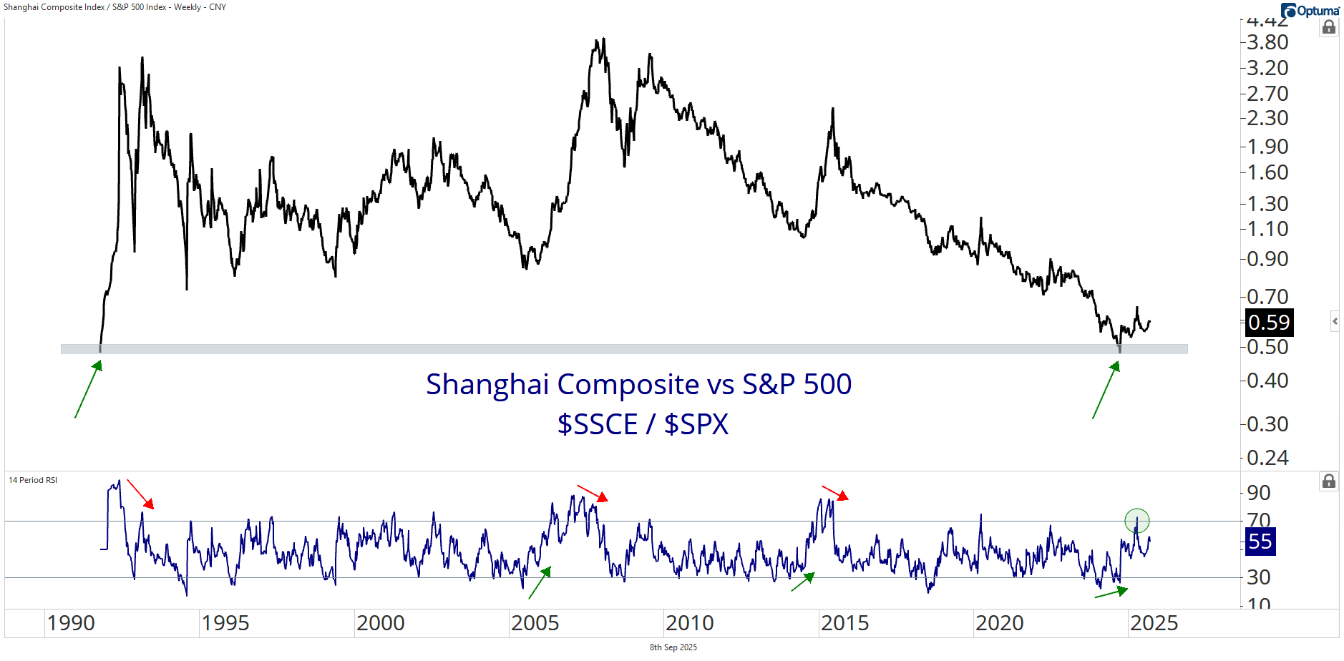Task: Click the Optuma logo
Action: pyautogui.click(x=1310, y=11)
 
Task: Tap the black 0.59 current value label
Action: pyautogui.click(x=1269, y=323)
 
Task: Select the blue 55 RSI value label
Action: pyautogui.click(x=1260, y=542)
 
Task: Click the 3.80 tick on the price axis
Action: pyautogui.click(x=1267, y=43)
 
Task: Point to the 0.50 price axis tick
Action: pyautogui.click(x=1267, y=347)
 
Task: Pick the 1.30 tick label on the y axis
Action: pyautogui.click(x=1267, y=204)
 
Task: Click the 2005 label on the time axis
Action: pyautogui.click(x=535, y=623)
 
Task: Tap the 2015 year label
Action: pyautogui.click(x=844, y=623)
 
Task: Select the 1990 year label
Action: pyautogui.click(x=71, y=623)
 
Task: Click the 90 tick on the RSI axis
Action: pyautogui.click(x=1259, y=493)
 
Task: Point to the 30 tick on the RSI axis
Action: pyautogui.click(x=1259, y=577)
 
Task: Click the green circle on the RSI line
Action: pyautogui.click(x=1136, y=521)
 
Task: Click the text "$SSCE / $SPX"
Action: pyautogui.click(x=643, y=424)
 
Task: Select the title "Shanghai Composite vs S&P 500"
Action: pyautogui.click(x=638, y=384)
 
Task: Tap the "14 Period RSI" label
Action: pyautogui.click(x=33, y=480)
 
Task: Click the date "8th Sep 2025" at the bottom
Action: pyautogui.click(x=673, y=647)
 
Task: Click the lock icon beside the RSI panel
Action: pyautogui.click(x=1328, y=481)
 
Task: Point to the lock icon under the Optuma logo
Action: pyautogui.click(x=1328, y=27)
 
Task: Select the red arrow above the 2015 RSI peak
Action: pyautogui.click(x=835, y=492)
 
